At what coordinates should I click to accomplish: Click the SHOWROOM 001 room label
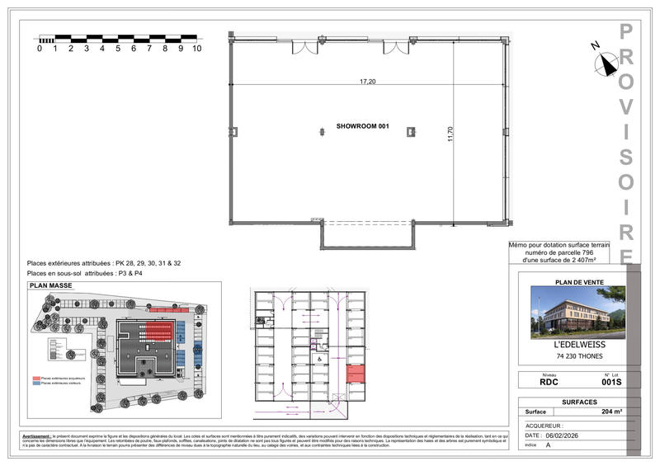(361, 128)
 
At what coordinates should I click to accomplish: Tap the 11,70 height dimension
(450, 134)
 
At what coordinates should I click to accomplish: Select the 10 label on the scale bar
(197, 49)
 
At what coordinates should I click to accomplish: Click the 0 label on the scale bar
(40, 49)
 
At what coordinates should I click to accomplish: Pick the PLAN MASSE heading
(51, 286)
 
